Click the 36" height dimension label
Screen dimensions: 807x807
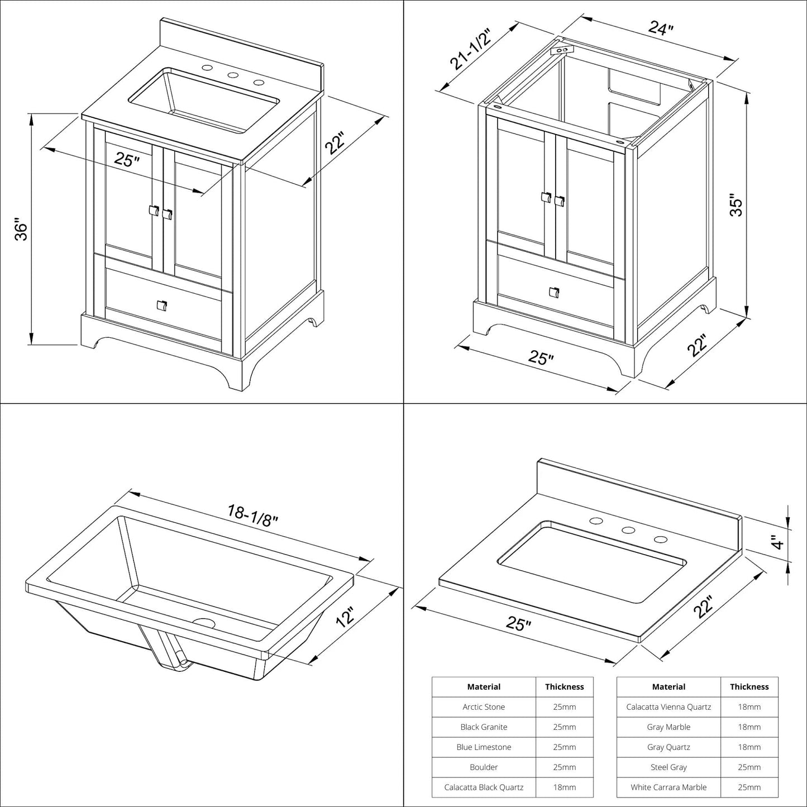21,231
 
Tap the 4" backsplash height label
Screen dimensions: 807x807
777,541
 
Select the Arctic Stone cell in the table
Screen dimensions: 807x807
484,707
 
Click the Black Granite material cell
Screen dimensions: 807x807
484,727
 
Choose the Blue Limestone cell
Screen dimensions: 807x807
484,747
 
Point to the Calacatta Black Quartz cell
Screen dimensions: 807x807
484,787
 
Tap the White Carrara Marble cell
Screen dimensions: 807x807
668,787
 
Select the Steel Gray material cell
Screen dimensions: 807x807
668,767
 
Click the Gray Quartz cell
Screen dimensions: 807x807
668,747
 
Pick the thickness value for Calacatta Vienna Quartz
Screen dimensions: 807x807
749,707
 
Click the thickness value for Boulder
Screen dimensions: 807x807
564,767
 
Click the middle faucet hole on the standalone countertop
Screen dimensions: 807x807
628,531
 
